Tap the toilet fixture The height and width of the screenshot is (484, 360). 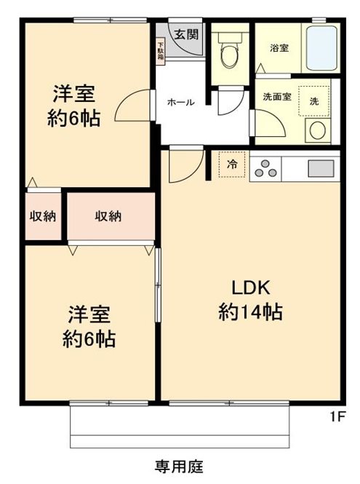[x=230, y=55]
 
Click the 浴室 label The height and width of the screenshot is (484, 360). [x=279, y=48]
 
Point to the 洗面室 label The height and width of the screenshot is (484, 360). [x=277, y=98]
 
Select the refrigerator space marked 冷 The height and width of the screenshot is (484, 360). [x=232, y=165]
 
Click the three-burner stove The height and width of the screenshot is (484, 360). [x=265, y=168]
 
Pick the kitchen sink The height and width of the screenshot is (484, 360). [x=320, y=168]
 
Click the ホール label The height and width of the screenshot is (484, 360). [x=180, y=102]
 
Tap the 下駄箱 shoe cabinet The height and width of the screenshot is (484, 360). [x=161, y=53]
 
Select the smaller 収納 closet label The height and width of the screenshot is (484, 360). [x=43, y=216]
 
